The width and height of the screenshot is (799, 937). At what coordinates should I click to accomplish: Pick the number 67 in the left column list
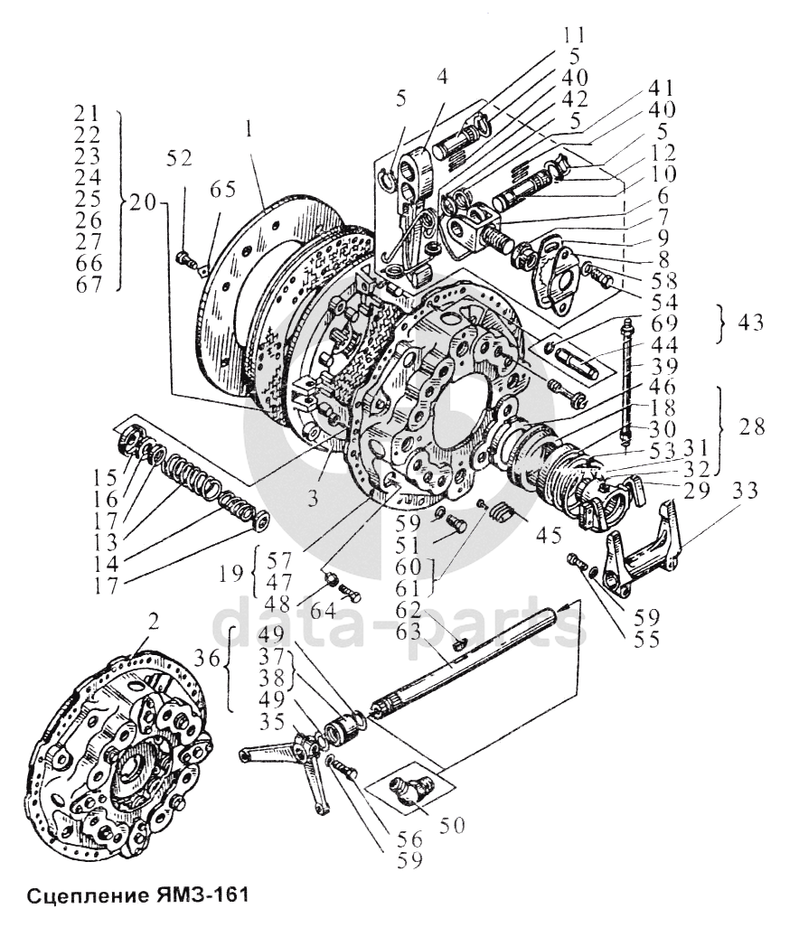[96, 286]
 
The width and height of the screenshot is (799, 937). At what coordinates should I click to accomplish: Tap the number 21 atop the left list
[96, 116]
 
